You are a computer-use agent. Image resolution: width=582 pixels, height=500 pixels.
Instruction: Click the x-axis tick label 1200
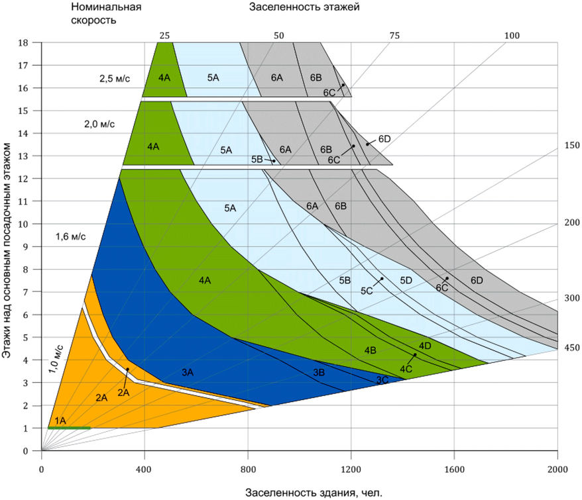click(x=351, y=470)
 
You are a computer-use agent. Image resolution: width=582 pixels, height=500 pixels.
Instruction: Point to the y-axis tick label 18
click(x=23, y=42)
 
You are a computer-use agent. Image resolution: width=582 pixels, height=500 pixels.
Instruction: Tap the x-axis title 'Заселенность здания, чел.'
click(x=314, y=493)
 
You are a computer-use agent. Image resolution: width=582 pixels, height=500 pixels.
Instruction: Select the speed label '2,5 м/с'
click(x=115, y=79)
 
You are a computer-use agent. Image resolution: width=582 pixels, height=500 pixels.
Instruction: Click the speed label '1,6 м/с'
click(x=70, y=236)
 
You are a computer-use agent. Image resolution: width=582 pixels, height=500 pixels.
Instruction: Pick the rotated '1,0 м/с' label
click(x=56, y=358)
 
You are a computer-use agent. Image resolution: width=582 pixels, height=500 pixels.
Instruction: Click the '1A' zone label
click(x=60, y=421)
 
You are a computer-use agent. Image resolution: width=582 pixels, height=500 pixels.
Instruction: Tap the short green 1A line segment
click(x=69, y=428)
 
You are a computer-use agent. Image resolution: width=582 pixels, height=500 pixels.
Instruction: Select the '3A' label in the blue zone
click(x=188, y=372)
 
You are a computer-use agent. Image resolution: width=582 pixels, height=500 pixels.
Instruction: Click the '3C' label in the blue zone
click(x=382, y=380)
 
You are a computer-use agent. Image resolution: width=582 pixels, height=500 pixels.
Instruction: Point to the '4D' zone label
click(x=425, y=346)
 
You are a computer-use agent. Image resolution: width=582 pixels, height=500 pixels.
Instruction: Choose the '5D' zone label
click(x=406, y=280)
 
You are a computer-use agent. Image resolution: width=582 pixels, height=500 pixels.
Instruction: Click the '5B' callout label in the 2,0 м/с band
click(x=257, y=159)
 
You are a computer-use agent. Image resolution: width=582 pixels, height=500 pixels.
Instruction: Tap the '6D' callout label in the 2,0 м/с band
click(x=384, y=139)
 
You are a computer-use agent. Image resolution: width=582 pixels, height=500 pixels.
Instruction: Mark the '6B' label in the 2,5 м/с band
click(x=316, y=77)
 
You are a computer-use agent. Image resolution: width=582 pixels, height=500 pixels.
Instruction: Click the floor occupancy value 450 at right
click(x=572, y=348)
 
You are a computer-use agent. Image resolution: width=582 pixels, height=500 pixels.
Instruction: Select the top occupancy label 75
click(x=394, y=36)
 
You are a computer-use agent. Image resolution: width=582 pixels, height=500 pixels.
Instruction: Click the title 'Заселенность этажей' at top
click(x=304, y=7)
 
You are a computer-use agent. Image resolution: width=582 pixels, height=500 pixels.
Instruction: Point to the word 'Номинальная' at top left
click(x=106, y=7)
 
